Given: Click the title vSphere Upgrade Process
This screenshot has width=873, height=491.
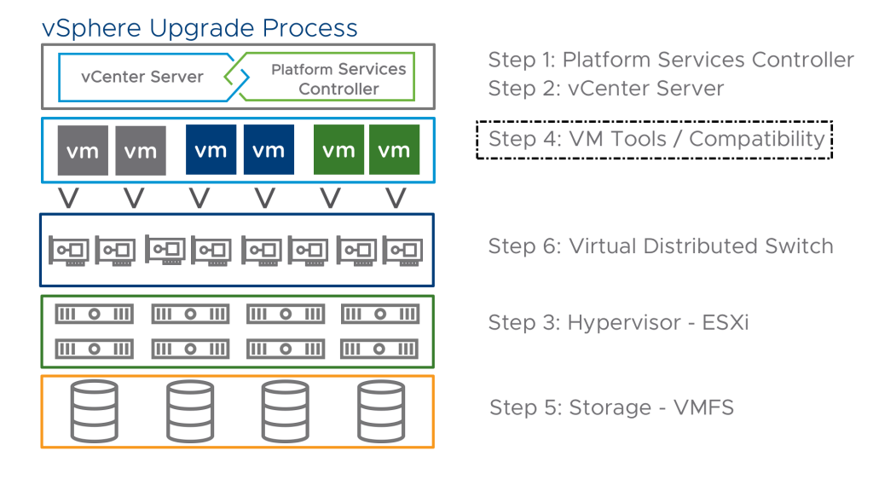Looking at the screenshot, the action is pyautogui.click(x=199, y=28).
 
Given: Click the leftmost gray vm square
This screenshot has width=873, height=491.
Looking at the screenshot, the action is pyautogui.click(x=83, y=150).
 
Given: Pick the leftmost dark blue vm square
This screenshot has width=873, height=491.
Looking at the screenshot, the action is pyautogui.click(x=211, y=150).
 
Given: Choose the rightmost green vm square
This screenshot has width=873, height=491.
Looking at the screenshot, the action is pyautogui.click(x=394, y=150).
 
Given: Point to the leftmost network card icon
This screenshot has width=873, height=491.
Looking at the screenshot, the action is pyautogui.click(x=69, y=251).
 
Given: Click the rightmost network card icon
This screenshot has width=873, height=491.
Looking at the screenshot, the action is pyautogui.click(x=403, y=251).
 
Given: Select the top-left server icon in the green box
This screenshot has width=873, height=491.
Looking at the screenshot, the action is pyautogui.click(x=94, y=315).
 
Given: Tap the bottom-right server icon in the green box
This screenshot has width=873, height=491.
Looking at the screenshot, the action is pyautogui.click(x=379, y=349).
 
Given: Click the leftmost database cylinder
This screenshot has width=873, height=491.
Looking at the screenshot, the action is pyautogui.click(x=94, y=412).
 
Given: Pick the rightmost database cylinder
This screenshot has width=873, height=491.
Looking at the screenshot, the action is pyautogui.click(x=381, y=412).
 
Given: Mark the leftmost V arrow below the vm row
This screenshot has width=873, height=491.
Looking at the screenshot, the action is pyautogui.click(x=69, y=198).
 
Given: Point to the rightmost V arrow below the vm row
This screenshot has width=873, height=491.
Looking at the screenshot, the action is pyautogui.click(x=396, y=198).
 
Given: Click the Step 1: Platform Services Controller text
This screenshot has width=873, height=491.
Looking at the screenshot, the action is pyautogui.click(x=671, y=60).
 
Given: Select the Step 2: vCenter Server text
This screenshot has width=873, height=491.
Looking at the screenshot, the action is pyautogui.click(x=606, y=88).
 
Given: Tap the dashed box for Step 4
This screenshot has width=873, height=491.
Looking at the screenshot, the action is pyautogui.click(x=477, y=140).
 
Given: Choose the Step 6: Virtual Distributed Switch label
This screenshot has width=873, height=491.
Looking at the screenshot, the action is pyautogui.click(x=661, y=246).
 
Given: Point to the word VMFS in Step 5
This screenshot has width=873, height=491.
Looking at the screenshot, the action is pyautogui.click(x=703, y=407).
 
